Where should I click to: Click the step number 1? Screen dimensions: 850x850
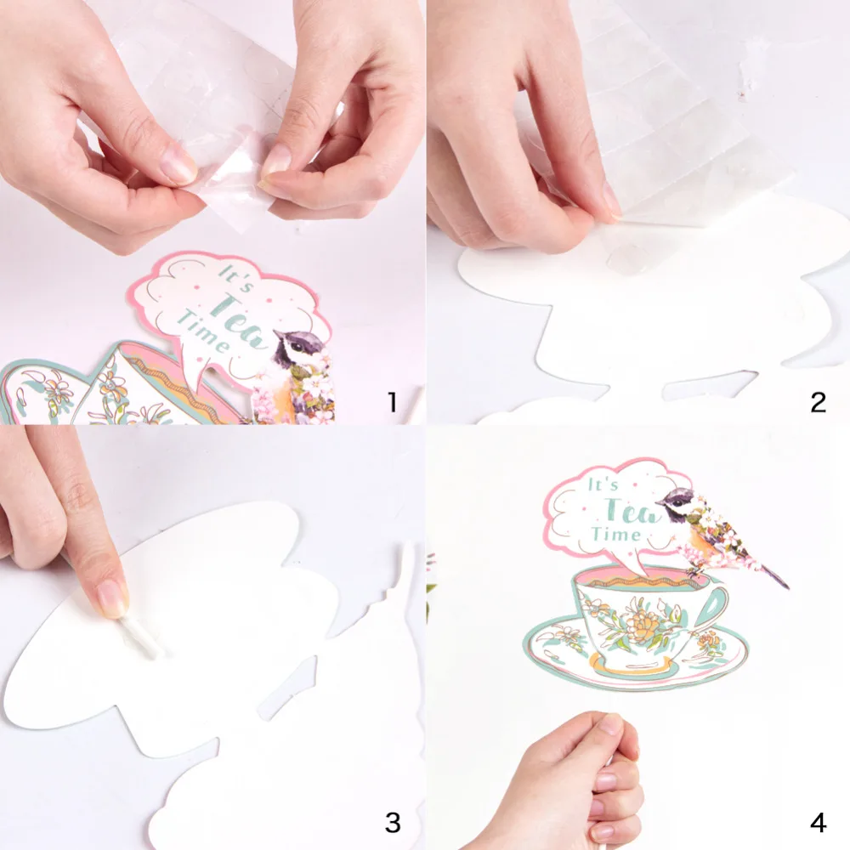(392, 401)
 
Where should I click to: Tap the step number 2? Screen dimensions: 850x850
(818, 401)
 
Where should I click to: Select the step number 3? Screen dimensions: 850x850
(392, 823)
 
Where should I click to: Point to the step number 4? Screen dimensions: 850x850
(818, 823)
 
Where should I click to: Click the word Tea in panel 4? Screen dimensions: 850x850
(626, 510)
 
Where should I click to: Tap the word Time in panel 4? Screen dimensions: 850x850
(616, 535)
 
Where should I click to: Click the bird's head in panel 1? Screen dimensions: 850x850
(297, 345)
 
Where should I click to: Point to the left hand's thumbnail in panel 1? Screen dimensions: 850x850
(177, 168)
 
